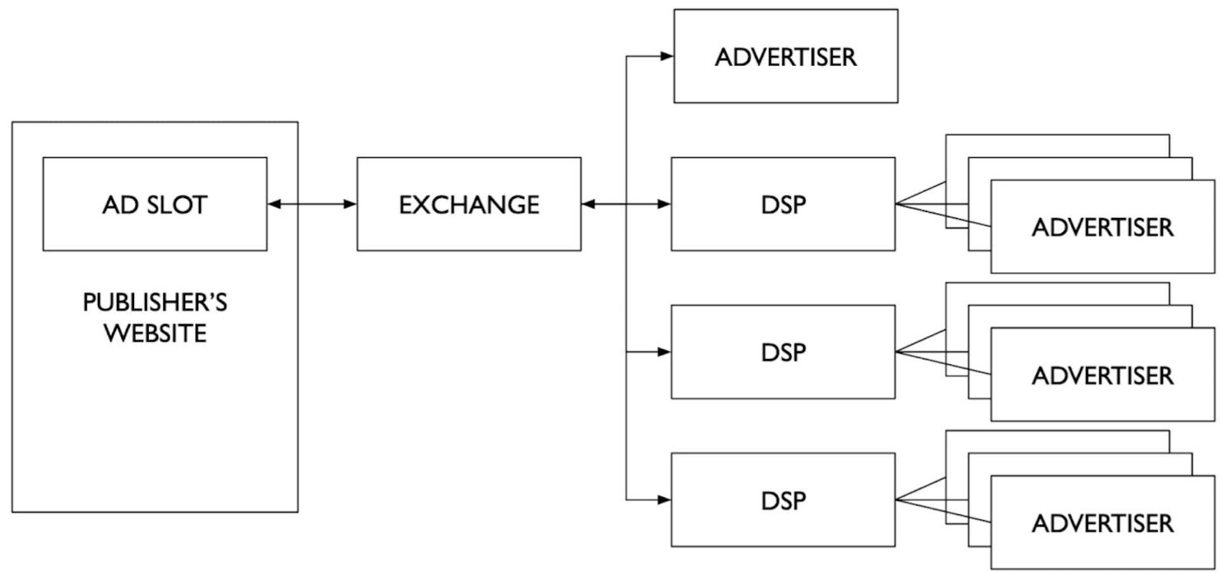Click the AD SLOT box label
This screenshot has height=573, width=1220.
click(x=155, y=205)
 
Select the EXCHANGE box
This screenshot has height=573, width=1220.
click(x=469, y=205)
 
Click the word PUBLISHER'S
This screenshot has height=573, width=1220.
click(x=155, y=302)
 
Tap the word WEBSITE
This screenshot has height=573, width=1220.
click(x=155, y=334)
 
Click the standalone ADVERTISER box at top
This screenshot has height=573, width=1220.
click(x=785, y=57)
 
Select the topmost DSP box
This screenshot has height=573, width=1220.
click(x=783, y=205)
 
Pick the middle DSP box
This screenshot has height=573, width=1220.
click(x=783, y=353)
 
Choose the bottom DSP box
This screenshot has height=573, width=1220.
click(x=783, y=501)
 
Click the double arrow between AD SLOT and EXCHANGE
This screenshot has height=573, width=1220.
click(x=312, y=204)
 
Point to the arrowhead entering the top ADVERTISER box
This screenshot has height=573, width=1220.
click(x=667, y=56)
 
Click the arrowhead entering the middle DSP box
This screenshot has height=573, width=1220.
click(x=664, y=351)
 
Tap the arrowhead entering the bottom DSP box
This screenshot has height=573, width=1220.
click(x=664, y=499)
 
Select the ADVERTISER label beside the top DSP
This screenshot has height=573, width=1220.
click(x=1102, y=227)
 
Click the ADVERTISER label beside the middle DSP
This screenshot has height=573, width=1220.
click(x=1102, y=375)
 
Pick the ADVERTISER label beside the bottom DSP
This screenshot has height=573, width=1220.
click(x=1102, y=523)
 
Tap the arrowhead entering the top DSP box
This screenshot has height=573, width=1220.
click(x=664, y=204)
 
